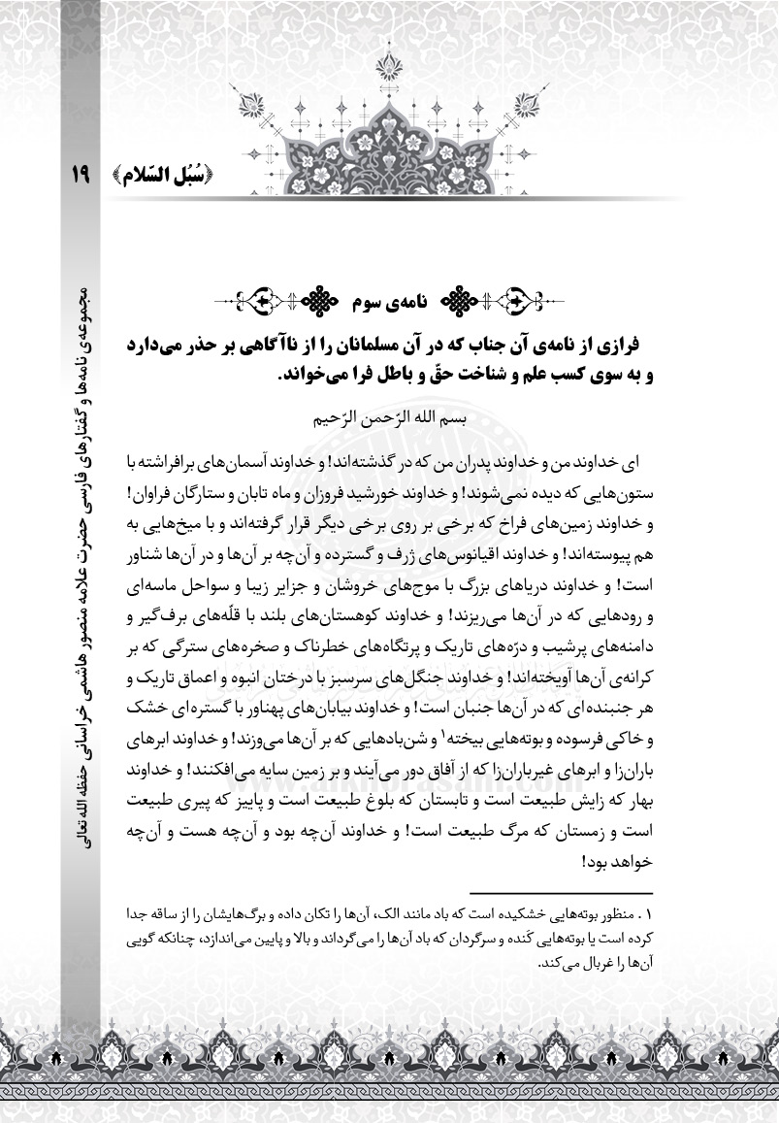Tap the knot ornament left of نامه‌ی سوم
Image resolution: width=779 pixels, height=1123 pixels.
click(x=320, y=302)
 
